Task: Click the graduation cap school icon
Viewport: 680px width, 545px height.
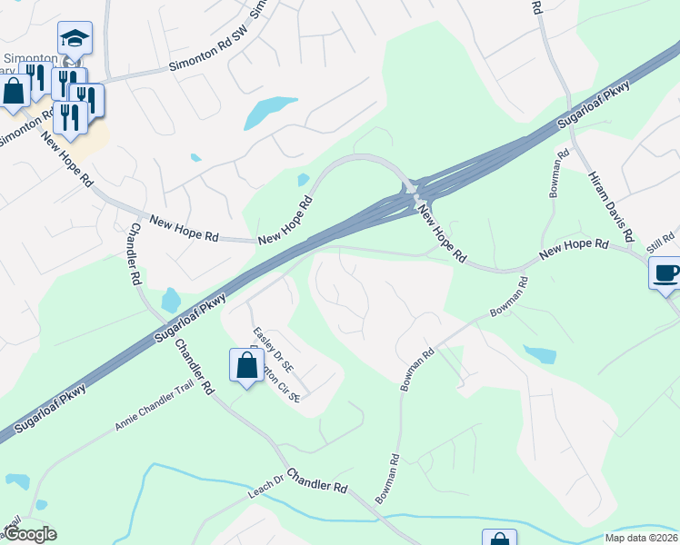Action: click(75, 38)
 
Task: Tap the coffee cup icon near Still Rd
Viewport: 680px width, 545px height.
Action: click(666, 272)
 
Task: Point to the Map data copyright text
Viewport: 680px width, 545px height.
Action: click(641, 538)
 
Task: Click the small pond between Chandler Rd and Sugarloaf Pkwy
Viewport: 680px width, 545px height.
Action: click(170, 299)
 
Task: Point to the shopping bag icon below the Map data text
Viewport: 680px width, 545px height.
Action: click(499, 540)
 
